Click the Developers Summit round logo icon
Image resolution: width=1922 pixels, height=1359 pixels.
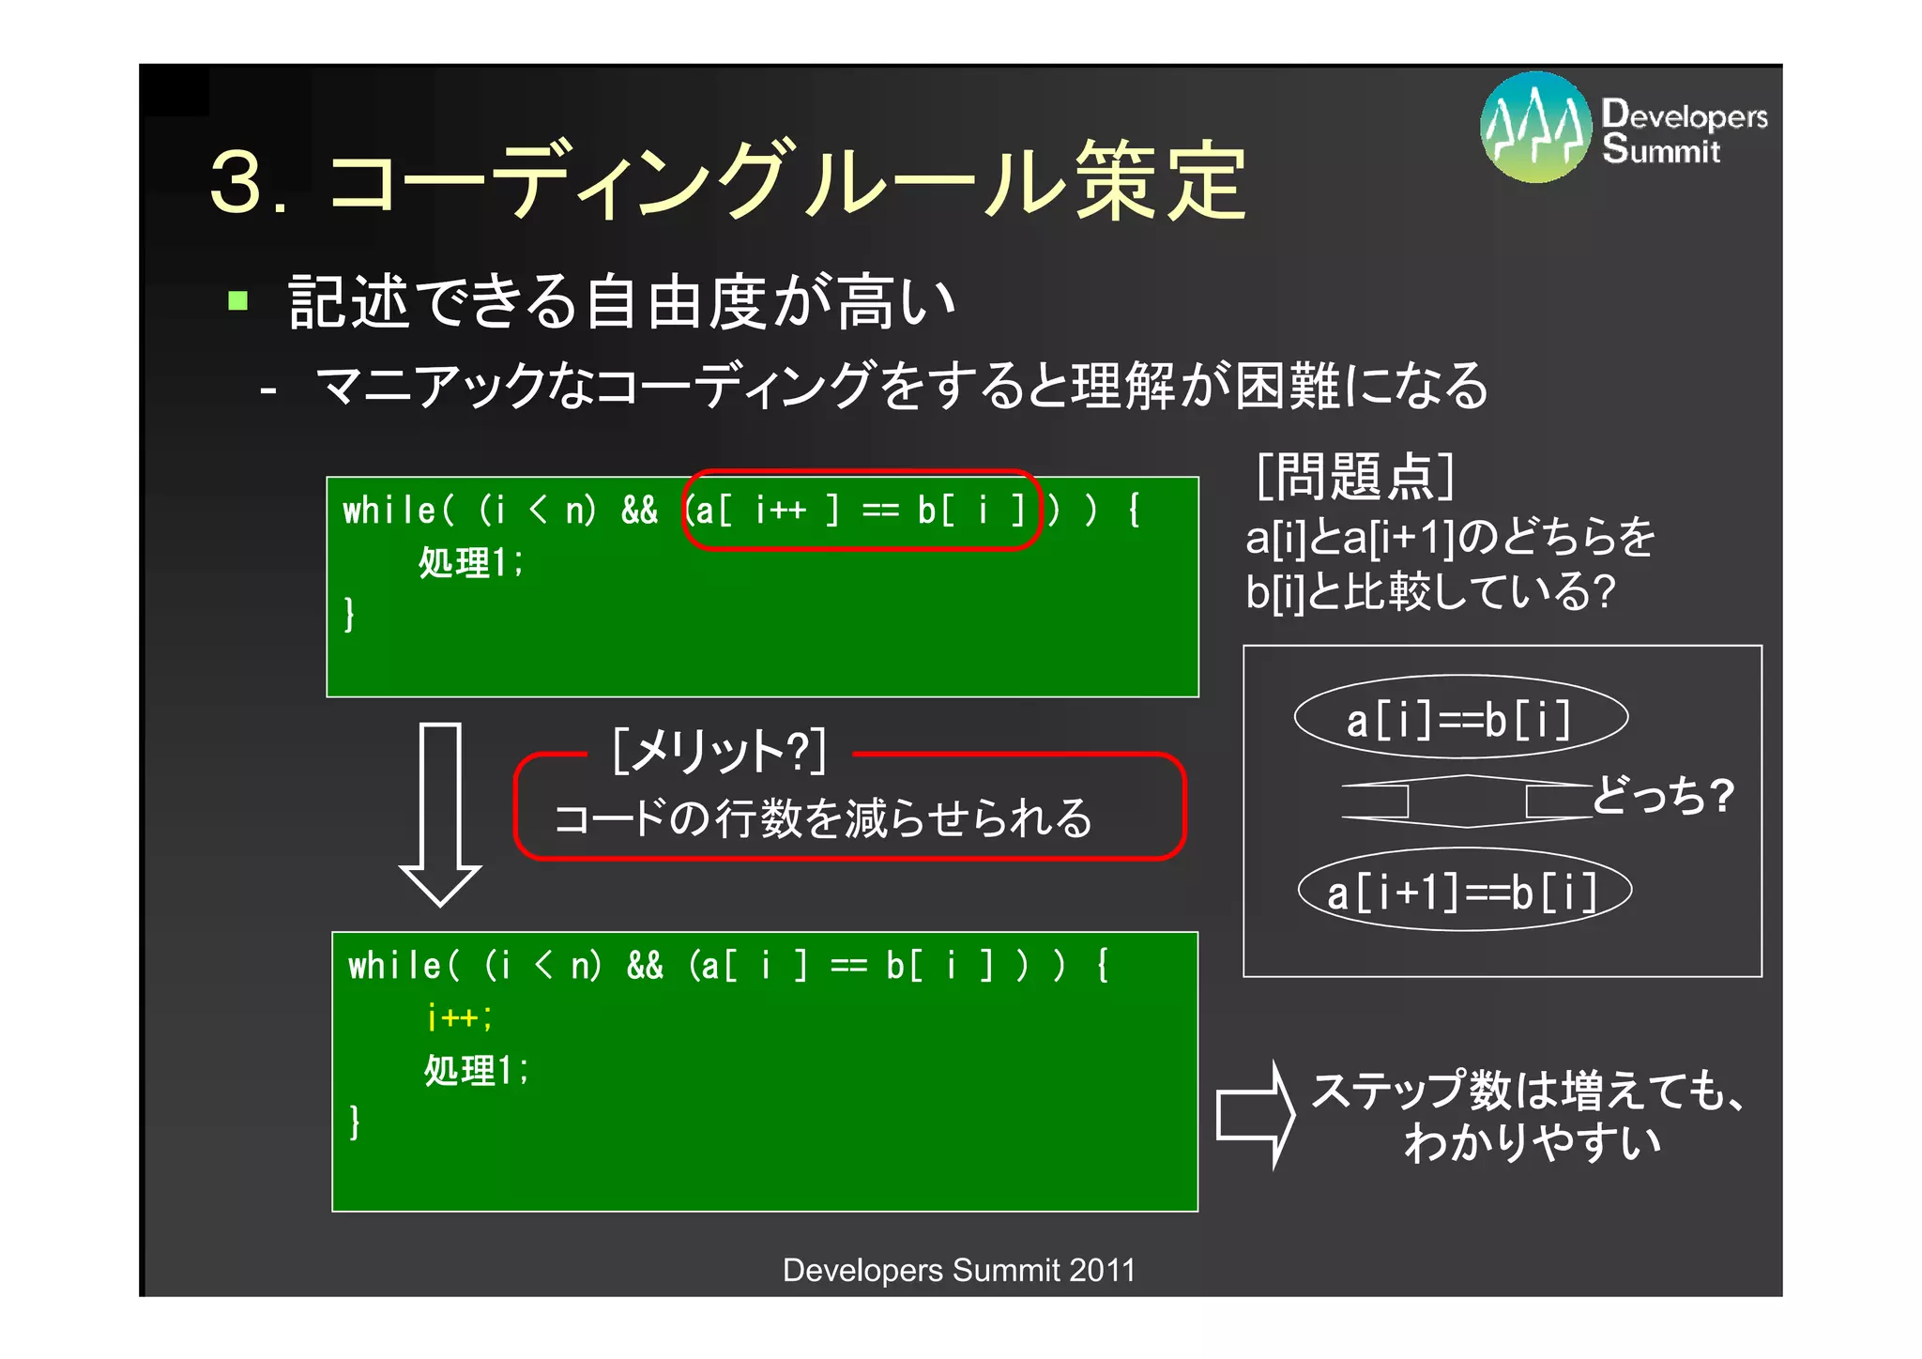[1535, 128]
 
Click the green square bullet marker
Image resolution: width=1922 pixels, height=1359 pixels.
[237, 301]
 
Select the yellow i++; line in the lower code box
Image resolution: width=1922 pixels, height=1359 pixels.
[459, 1017]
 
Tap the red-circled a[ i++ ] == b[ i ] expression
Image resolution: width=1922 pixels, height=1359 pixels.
[862, 511]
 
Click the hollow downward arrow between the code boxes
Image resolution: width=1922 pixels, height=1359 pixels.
[440, 813]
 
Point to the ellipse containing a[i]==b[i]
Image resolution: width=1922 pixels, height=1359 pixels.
[1460, 718]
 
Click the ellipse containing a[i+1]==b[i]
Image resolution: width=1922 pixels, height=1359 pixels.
[1464, 890]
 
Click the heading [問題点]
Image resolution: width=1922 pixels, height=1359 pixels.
[1354, 477]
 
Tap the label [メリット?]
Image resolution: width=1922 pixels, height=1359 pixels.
[719, 752]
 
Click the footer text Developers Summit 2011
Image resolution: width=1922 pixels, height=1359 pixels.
[959, 1270]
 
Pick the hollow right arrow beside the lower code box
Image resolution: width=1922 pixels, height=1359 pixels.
[1256, 1115]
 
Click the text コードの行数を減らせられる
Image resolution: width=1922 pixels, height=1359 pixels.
[823, 818]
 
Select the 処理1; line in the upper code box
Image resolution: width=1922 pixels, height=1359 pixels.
[470, 563]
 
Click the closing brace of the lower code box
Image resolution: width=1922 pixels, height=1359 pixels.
[355, 1122]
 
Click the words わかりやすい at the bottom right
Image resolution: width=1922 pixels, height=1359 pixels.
[1532, 1143]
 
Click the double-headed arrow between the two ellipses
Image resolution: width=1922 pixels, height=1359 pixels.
[1467, 802]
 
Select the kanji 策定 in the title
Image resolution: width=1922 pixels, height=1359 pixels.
[1160, 181]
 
